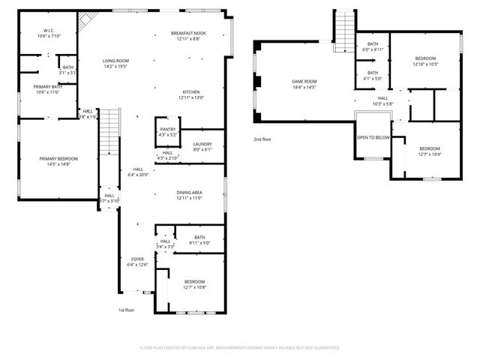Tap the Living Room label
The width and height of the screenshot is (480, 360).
coord(116,61)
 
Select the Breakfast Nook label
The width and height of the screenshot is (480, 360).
coord(189,34)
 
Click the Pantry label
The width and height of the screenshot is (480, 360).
coord(167,129)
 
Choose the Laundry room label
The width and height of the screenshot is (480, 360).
coord(202,143)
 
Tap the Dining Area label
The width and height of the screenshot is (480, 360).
coord(189,193)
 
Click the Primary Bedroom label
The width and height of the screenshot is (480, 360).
coord(58,158)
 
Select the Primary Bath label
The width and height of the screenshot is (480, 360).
coord(47,86)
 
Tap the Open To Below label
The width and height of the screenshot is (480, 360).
coord(373,137)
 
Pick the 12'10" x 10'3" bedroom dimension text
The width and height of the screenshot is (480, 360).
coord(424,64)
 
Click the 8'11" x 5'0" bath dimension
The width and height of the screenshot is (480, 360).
coord(199,242)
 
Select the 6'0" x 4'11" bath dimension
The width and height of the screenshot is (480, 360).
coord(373,49)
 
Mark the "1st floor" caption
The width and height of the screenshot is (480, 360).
coord(125,310)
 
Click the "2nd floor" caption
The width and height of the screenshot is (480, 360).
coord(262,139)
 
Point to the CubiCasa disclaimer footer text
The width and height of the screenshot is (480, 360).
coord(240,347)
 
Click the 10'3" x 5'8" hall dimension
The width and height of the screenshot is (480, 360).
coord(382,103)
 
